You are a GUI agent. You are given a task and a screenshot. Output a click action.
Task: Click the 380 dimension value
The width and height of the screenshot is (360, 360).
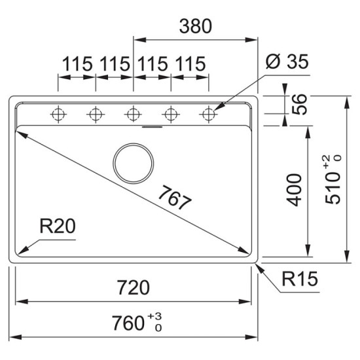click(x=195, y=27)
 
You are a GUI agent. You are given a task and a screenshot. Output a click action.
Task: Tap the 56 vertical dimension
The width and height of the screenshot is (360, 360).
click(x=299, y=105)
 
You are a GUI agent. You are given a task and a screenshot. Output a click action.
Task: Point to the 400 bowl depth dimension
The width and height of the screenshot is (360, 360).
click(x=296, y=190)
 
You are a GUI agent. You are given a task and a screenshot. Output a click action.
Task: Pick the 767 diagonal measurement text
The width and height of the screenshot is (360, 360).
click(x=175, y=198)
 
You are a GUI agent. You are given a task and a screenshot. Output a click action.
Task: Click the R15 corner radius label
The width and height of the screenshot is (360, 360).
click(x=300, y=280)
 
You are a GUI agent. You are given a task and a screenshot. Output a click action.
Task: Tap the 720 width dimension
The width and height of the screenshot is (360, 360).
click(x=133, y=287)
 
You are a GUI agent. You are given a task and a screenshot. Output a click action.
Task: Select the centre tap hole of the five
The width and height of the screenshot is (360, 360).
click(x=134, y=115)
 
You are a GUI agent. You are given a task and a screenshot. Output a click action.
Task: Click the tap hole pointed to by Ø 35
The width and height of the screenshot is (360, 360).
click(x=209, y=115)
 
